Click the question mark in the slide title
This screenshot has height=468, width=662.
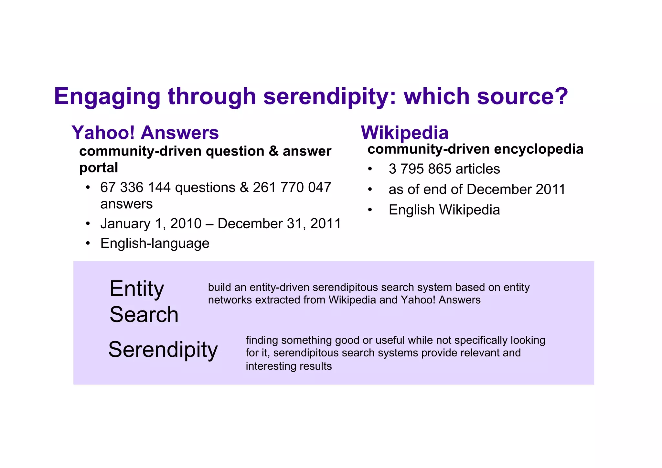tap(560, 96)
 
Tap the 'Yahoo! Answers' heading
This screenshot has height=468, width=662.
tap(145, 133)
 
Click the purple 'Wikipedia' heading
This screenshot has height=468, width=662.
tap(405, 133)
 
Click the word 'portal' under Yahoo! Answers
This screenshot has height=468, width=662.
tap(99, 168)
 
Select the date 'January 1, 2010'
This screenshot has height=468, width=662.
tap(151, 224)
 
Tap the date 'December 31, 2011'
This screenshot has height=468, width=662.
tap(279, 224)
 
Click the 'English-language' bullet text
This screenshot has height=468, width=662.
tap(155, 243)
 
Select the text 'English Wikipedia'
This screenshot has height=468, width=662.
tap(444, 210)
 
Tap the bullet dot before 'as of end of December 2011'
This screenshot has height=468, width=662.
tap(370, 190)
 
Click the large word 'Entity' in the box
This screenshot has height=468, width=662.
tap(137, 288)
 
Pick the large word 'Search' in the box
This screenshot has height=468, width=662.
tap(144, 314)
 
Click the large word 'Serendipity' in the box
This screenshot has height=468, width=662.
tap(163, 350)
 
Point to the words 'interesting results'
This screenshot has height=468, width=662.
tap(289, 366)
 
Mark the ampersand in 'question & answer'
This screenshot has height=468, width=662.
tap(273, 151)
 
